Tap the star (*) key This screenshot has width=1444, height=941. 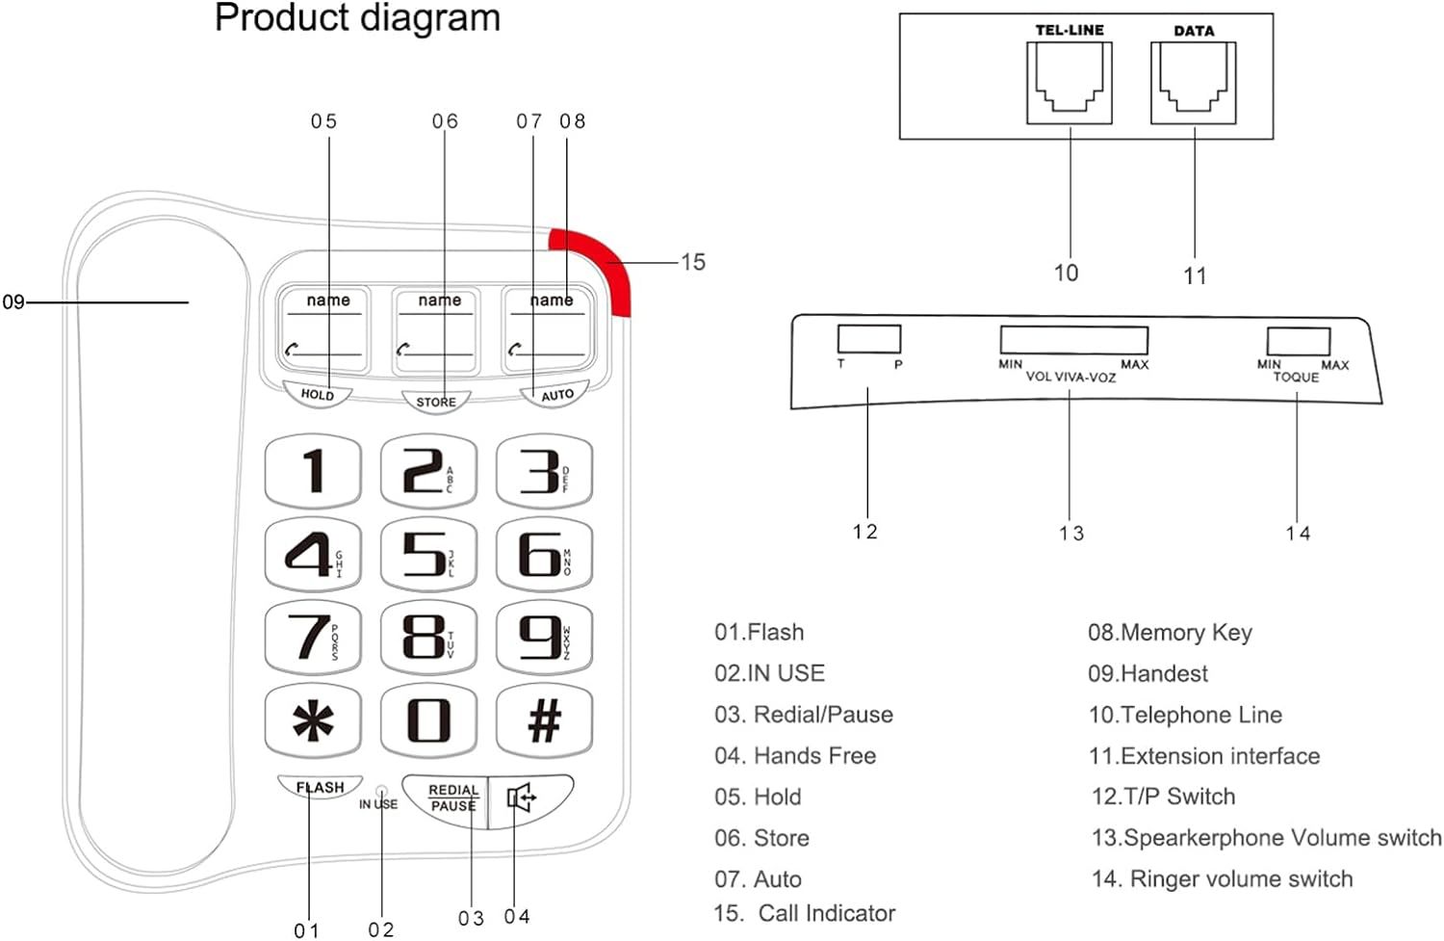pyautogui.click(x=313, y=720)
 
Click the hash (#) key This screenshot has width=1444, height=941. pyautogui.click(x=544, y=720)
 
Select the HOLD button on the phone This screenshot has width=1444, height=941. pyautogui.click(x=317, y=393)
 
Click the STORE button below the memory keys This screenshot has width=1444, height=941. pyautogui.click(x=436, y=401)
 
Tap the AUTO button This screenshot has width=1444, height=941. pyautogui.click(x=556, y=395)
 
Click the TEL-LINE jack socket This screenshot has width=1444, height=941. pyautogui.click(x=1069, y=83)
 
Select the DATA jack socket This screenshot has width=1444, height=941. pyautogui.click(x=1194, y=83)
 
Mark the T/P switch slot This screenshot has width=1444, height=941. pyautogui.click(x=868, y=339)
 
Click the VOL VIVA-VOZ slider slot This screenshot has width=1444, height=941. pyautogui.click(x=1073, y=340)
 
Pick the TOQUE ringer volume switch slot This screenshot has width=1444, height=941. pyautogui.click(x=1298, y=341)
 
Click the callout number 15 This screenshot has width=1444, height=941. pyautogui.click(x=692, y=262)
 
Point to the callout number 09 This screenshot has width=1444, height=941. pyautogui.click(x=13, y=302)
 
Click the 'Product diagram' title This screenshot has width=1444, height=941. pyautogui.click(x=357, y=18)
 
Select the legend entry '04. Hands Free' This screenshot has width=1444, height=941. pyautogui.click(x=795, y=756)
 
